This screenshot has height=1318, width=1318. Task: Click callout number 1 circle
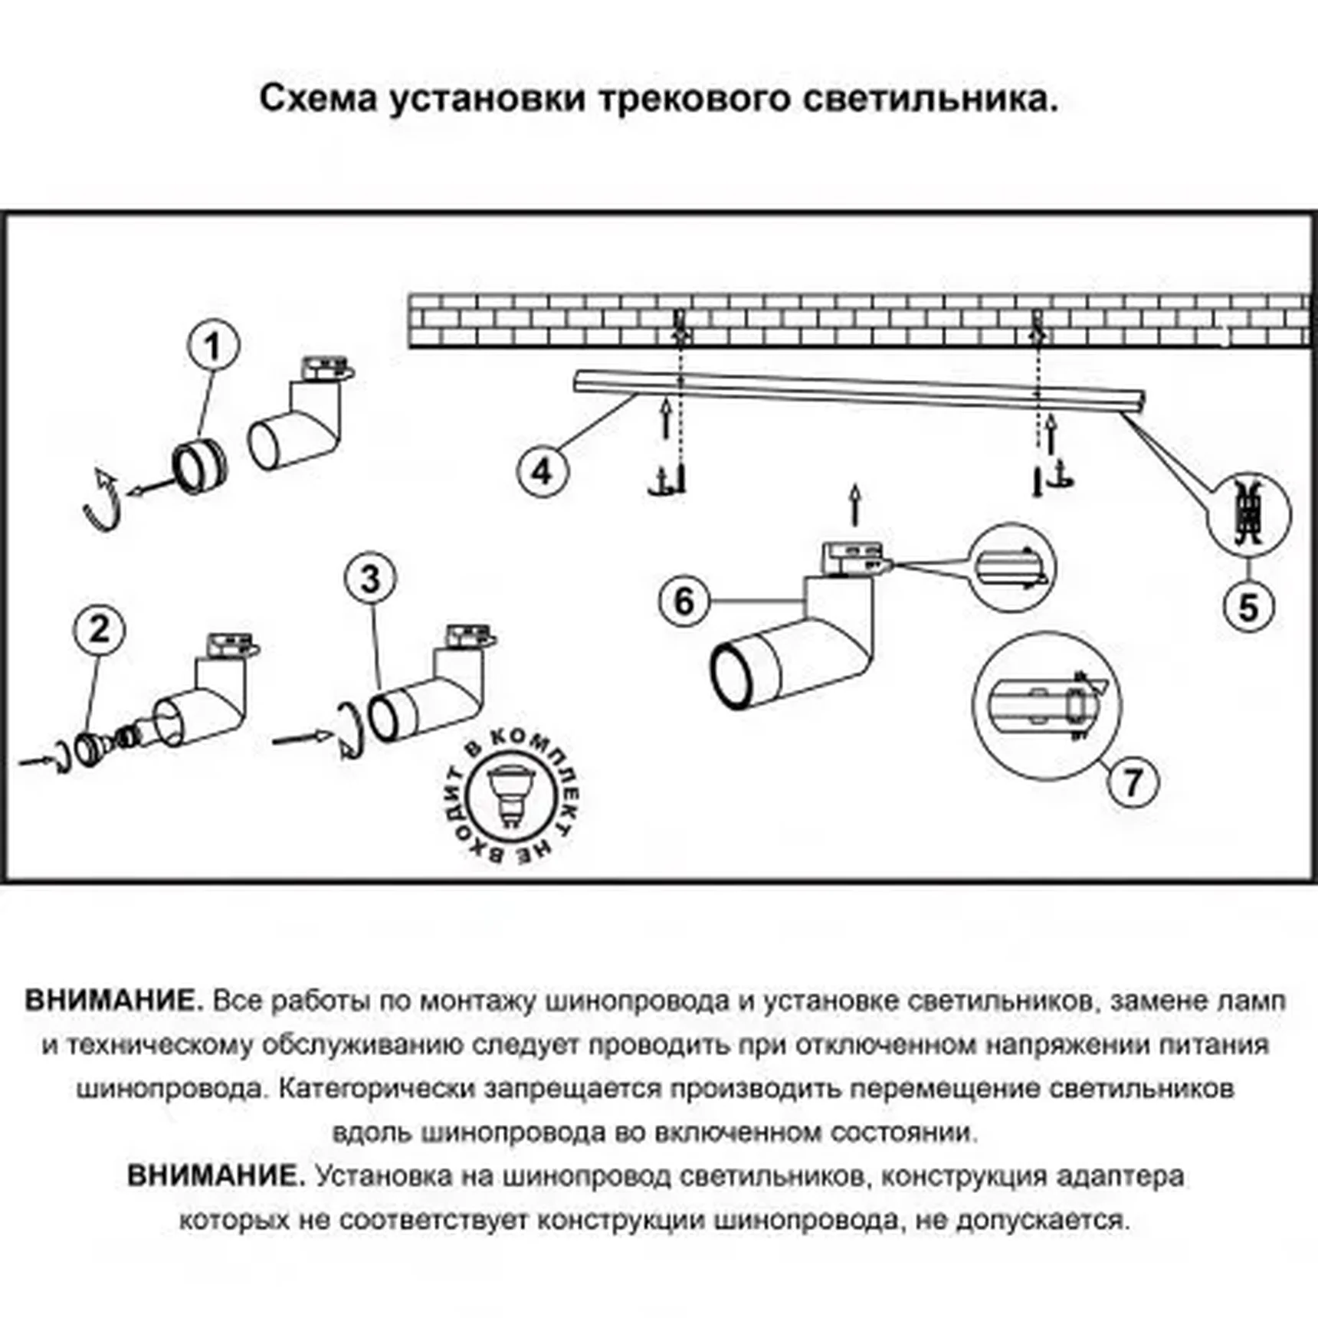[x=213, y=346]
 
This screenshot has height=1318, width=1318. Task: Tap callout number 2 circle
[x=99, y=630]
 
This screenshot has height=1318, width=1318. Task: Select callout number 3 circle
[x=371, y=579]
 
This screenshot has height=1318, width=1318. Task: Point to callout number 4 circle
[x=542, y=471]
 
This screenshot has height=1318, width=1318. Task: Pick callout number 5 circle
[x=1248, y=608]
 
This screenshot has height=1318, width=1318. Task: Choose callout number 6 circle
[x=684, y=601]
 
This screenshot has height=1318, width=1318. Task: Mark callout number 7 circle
[x=1133, y=782]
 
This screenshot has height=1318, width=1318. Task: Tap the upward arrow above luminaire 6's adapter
[x=855, y=505]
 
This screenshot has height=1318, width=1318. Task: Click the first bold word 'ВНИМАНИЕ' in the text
[x=113, y=1001]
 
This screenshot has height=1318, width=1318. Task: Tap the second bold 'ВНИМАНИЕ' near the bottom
[x=215, y=1175]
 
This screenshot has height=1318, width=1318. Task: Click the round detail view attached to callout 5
[x=1248, y=513]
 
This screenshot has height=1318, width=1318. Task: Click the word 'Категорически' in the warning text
[x=375, y=1088]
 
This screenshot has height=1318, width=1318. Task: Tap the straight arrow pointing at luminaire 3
[x=301, y=739]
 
